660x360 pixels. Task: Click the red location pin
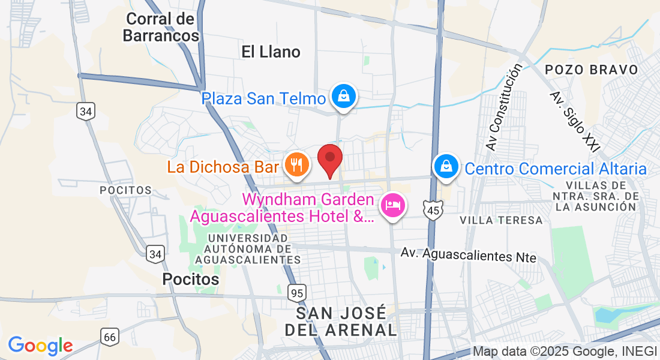coord(329,158)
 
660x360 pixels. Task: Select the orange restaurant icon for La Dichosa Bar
coord(296,164)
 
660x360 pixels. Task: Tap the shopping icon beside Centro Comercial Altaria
coord(446,167)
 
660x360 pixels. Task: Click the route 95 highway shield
coord(296,293)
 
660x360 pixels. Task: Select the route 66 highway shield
coord(109,337)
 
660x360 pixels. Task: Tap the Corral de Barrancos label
coord(160,28)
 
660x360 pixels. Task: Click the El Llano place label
coord(271,52)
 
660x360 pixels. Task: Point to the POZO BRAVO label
coord(592,70)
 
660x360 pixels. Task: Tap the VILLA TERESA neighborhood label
coord(501,220)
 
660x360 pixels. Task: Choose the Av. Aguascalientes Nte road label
coord(469,256)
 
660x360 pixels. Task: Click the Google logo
coord(40,346)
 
